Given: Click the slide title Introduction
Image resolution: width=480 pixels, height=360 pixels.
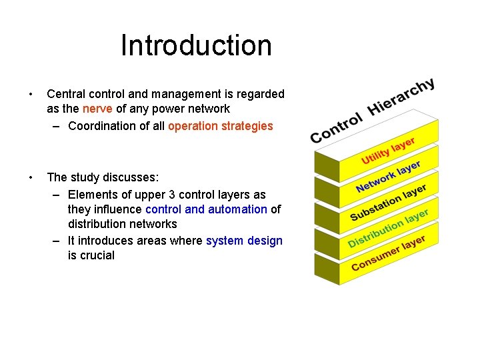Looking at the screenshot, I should pos(196,46).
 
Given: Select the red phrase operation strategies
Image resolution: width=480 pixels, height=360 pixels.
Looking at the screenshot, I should pos(221,126).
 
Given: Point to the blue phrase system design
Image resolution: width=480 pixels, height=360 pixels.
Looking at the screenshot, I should pos(244,241).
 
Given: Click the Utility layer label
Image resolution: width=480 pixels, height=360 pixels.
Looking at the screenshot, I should pos(388,151).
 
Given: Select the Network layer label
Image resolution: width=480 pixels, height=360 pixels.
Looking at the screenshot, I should pos(388,175).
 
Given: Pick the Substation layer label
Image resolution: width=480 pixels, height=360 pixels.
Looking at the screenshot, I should pos(388,201).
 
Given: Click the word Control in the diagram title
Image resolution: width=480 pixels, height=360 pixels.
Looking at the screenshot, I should pos(337,127).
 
